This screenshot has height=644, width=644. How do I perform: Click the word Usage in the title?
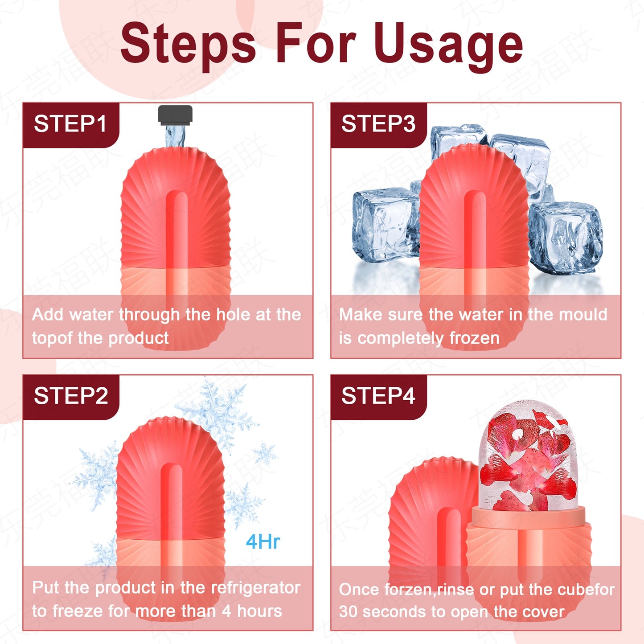pyautogui.click(x=448, y=45)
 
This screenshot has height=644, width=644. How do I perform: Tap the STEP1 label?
pyautogui.click(x=70, y=124)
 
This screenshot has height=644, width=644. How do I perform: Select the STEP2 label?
pyautogui.click(x=71, y=396)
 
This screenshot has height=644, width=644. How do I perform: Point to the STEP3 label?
pyautogui.click(x=378, y=124)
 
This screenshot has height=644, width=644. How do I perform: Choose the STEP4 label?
pyautogui.click(x=378, y=396)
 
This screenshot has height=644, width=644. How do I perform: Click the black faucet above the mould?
pyautogui.click(x=175, y=114)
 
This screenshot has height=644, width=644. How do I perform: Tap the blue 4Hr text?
pyautogui.click(x=263, y=542)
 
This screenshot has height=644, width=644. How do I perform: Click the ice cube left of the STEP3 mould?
pyautogui.click(x=384, y=225)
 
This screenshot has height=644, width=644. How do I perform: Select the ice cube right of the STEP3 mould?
pyautogui.click(x=565, y=236)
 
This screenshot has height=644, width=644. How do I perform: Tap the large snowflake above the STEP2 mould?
pyautogui.click(x=218, y=412)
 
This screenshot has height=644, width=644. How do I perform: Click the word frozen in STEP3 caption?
pyautogui.click(x=474, y=338)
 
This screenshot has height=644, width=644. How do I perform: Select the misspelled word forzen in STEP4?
pyautogui.click(x=409, y=590)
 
